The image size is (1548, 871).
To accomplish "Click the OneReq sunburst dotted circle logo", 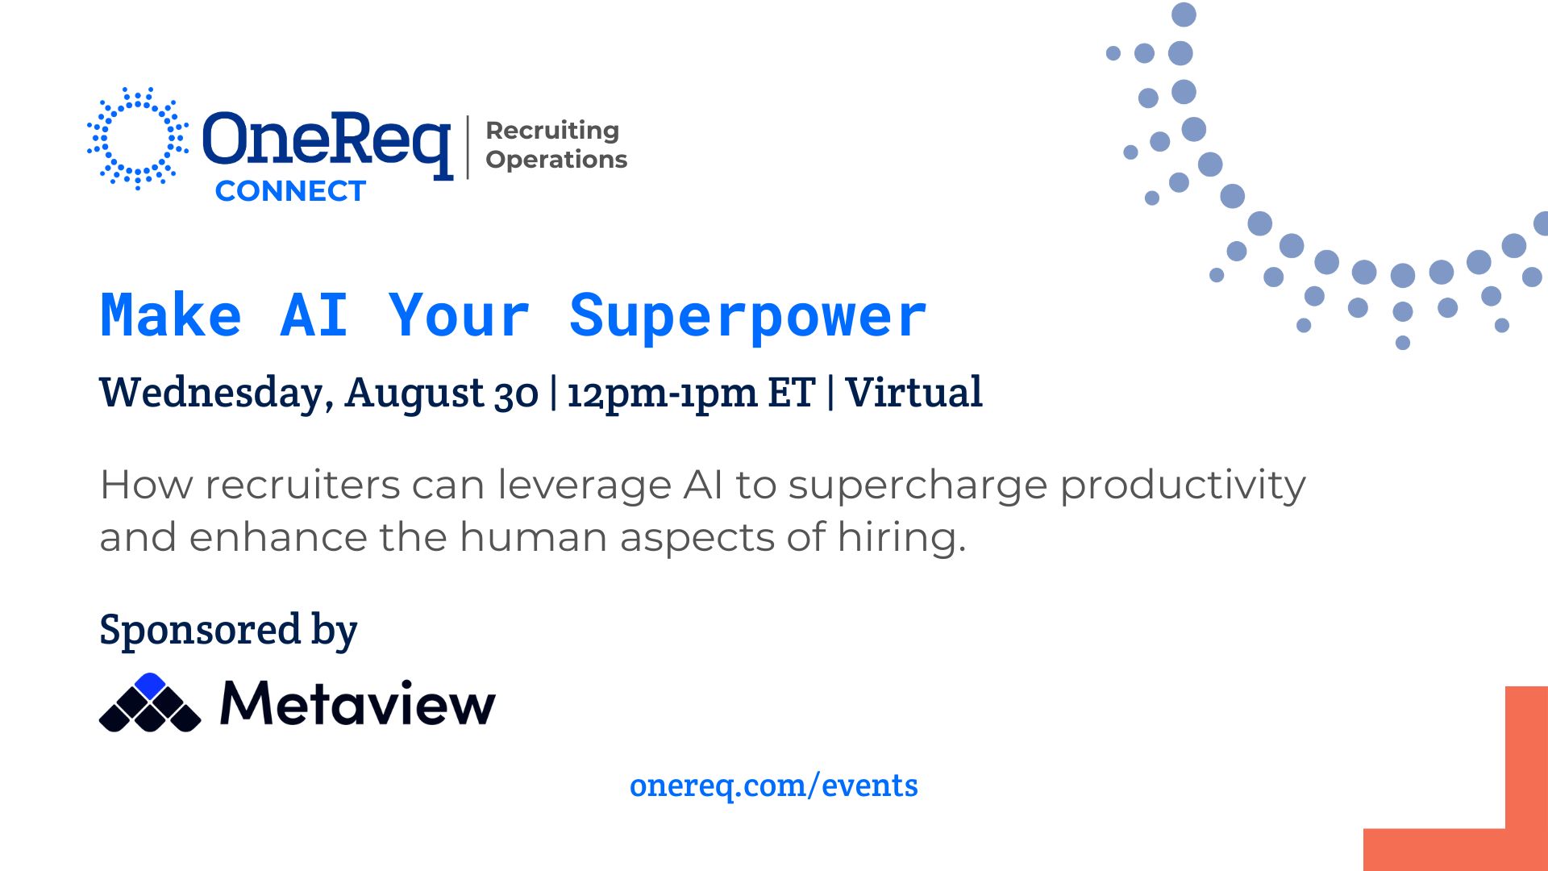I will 138,139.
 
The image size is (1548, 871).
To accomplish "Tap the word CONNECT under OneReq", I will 290,191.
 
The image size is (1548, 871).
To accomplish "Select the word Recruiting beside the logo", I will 552,130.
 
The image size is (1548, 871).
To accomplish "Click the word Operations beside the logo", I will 556,160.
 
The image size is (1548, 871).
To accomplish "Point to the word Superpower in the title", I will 748,315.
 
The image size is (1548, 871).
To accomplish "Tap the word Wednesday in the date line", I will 211,394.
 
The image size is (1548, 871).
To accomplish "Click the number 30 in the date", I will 516,394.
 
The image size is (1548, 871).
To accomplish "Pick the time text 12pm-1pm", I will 662,394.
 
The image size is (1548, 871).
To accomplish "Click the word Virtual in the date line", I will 913,393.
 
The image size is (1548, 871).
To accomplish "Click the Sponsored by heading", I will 228,630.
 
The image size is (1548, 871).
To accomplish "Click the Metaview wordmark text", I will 358,703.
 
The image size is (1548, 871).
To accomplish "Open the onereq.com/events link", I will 774,786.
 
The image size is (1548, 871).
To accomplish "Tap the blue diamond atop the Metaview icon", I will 150,685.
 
